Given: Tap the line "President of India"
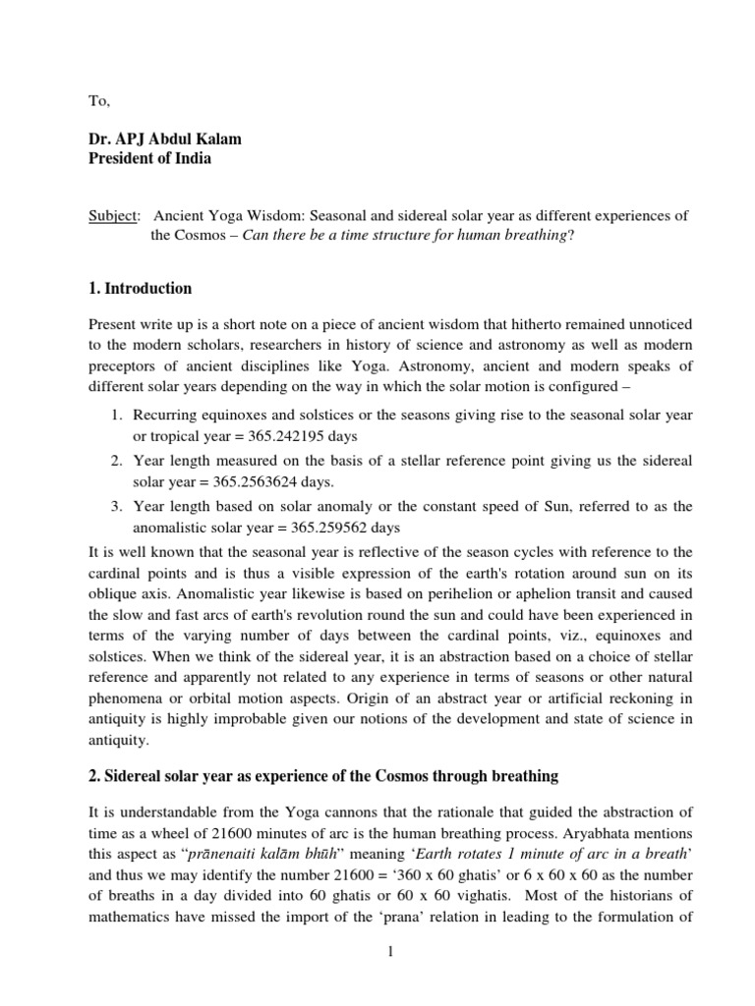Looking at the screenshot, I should [x=147, y=159].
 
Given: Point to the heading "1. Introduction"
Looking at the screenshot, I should [x=141, y=289].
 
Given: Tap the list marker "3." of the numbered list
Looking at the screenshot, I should [x=115, y=506].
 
